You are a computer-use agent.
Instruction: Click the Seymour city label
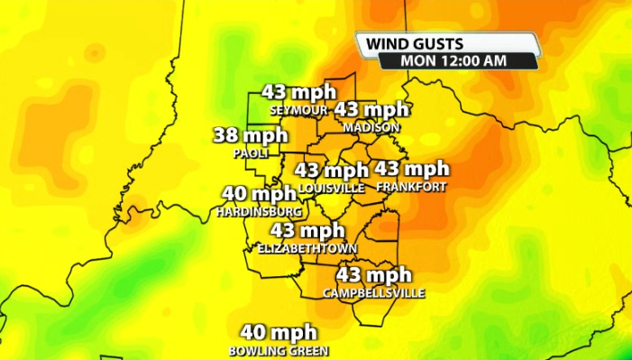299,110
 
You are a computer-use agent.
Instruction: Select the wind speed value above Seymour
298,93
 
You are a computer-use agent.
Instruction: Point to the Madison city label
371,127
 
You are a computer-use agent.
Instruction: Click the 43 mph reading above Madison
371,109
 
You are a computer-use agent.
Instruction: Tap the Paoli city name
252,153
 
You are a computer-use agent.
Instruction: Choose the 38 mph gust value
250,136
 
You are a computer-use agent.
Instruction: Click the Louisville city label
332,188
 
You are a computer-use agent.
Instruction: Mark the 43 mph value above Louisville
332,170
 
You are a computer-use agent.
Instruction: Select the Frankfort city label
410,187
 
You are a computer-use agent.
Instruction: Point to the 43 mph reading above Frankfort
411,169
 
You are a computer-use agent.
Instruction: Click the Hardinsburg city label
259,211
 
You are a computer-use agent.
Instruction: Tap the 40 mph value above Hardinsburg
259,193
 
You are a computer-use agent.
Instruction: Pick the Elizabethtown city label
307,248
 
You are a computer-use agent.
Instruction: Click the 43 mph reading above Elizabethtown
307,230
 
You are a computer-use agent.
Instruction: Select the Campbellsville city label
373,293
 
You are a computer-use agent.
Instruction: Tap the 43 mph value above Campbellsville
374,274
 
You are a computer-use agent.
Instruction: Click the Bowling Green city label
279,350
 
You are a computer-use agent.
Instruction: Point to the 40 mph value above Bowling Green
279,333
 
